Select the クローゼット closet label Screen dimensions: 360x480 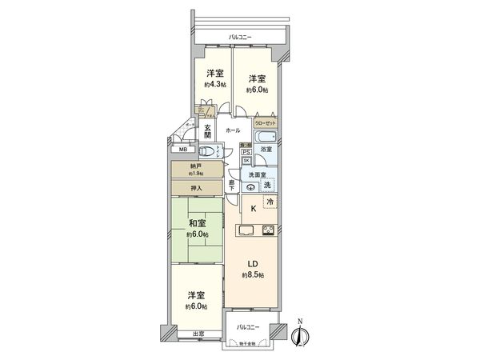coord(266,124)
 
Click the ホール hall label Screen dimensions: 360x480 coord(233,130)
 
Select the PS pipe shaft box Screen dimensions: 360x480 coord(246,150)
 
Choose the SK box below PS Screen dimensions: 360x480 coord(246,161)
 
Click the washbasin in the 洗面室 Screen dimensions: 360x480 coord(251,187)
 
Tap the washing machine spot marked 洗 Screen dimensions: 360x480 coord(268,185)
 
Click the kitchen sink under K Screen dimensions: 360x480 coord(246,232)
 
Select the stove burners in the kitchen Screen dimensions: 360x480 coord(268,232)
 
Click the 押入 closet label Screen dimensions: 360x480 coord(196,189)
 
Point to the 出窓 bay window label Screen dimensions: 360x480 coord(197,333)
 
